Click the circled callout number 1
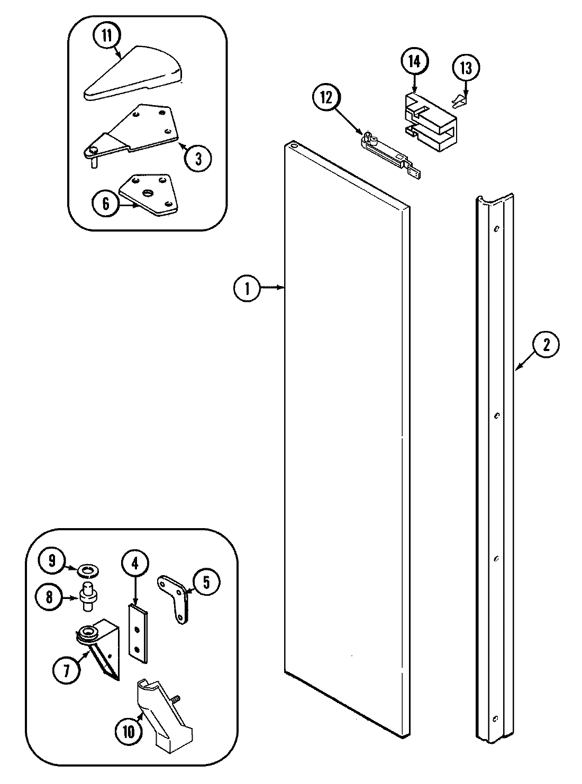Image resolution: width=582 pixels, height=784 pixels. [x=246, y=289]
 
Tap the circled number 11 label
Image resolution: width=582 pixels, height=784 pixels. [x=107, y=36]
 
